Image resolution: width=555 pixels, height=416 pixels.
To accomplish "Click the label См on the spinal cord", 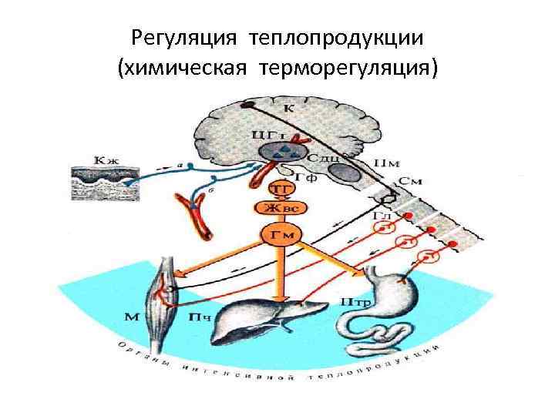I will tap(409, 182).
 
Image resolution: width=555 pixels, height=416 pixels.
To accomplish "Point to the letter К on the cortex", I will tap(288, 109).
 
